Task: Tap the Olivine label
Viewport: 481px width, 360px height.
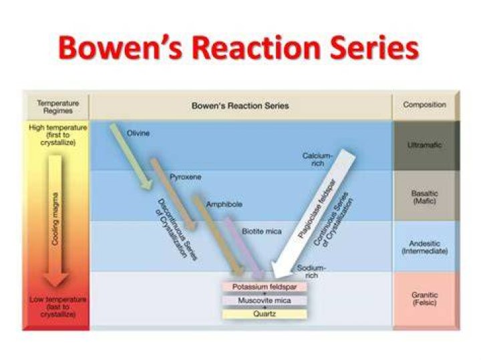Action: pos(138,134)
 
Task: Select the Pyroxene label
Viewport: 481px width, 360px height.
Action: pos(186,177)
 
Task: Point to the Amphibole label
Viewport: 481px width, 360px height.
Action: pos(224,204)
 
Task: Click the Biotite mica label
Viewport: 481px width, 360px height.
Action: pos(262,231)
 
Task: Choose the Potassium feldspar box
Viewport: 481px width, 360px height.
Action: pos(265,287)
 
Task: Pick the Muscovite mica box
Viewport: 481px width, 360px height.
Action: pos(265,301)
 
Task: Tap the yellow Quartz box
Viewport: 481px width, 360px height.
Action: pos(265,314)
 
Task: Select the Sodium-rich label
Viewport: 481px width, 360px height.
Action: pos(311,272)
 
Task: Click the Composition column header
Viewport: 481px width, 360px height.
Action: pos(425,105)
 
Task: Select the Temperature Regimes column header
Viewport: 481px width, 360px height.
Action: pos(57,107)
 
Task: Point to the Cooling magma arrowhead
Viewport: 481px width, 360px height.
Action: pos(56,280)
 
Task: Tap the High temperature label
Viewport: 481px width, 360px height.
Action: pos(58,135)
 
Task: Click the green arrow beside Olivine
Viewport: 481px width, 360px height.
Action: pos(132,156)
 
